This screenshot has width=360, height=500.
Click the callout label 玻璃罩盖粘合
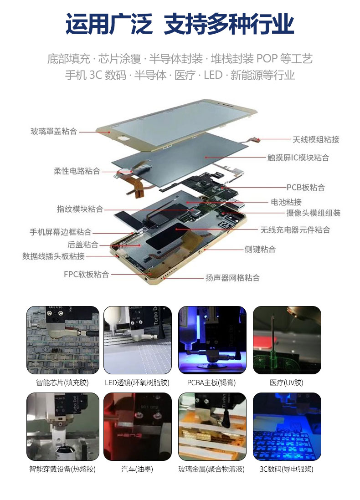[54, 131]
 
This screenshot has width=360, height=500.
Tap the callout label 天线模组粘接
[316, 139]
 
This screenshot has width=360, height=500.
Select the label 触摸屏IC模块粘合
[298, 157]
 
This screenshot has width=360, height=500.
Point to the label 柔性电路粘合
[77, 171]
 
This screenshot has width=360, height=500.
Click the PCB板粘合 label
[305, 187]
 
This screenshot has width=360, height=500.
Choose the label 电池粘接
[286, 202]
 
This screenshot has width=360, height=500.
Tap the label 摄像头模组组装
[313, 213]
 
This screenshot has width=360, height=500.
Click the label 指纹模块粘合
[80, 209]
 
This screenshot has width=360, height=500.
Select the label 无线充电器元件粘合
[295, 230]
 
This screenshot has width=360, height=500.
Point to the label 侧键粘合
[260, 249]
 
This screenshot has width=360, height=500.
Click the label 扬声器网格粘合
[232, 278]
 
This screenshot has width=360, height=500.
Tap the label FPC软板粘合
[86, 274]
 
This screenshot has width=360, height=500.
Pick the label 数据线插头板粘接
[54, 256]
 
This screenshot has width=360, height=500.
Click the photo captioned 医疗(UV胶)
[287, 340]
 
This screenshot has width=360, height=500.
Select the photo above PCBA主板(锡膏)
[212, 340]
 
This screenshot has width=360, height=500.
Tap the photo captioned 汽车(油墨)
[138, 427]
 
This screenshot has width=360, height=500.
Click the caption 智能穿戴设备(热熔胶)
[62, 469]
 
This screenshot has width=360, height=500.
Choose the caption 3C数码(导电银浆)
[286, 469]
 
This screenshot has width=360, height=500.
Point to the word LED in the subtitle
[213, 75]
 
